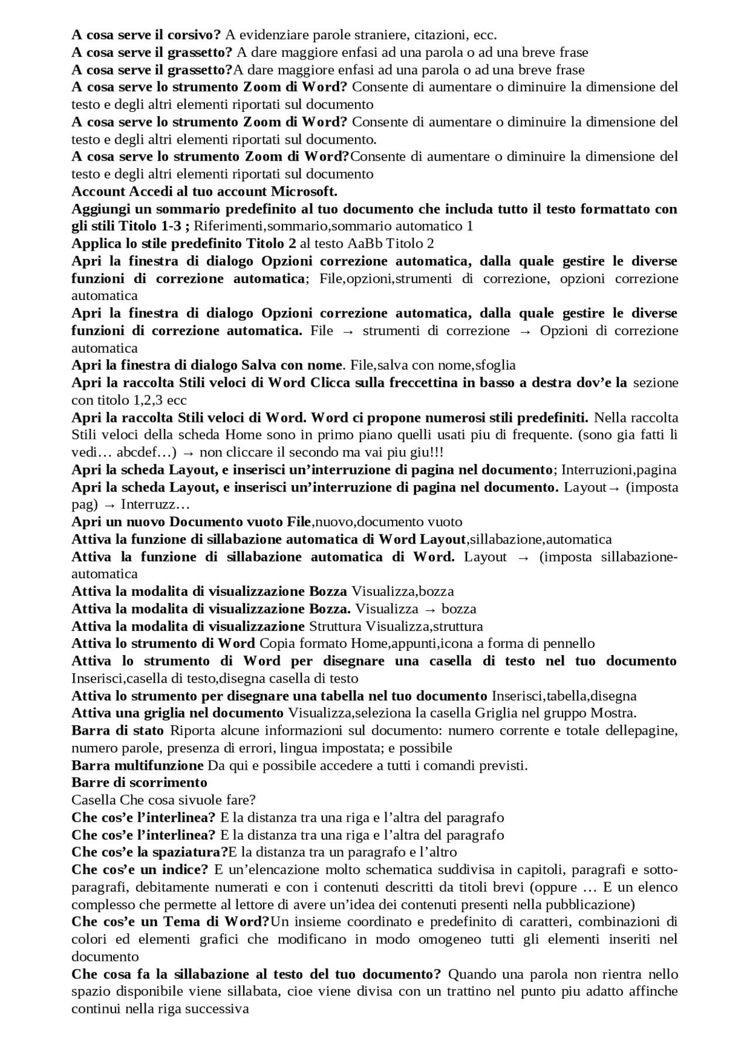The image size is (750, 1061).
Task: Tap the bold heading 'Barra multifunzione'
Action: pyautogui.click(x=137, y=766)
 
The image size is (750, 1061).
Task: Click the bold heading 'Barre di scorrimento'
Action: pyautogui.click(x=139, y=783)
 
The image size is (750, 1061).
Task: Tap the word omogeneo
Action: pyautogui.click(x=421, y=940)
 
